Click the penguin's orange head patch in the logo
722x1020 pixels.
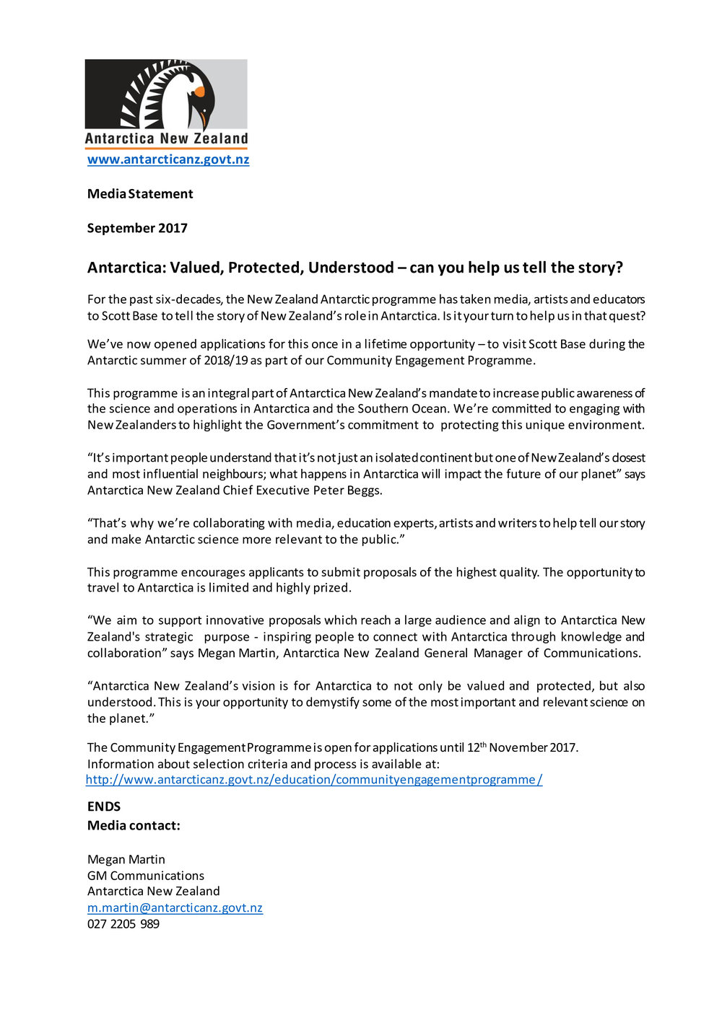(199, 90)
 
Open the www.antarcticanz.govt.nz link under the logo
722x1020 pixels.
(168, 159)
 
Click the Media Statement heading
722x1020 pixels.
(140, 194)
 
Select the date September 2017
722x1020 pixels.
(137, 228)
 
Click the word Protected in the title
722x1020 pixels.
(265, 268)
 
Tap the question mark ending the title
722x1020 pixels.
(619, 268)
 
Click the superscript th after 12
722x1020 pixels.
(484, 744)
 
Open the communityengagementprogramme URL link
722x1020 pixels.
(314, 780)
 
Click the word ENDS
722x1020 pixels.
(104, 806)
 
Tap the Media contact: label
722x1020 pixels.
(134, 826)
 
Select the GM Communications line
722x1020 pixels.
(146, 876)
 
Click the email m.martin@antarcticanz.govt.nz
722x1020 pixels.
(175, 907)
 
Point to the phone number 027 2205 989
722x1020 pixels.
(123, 924)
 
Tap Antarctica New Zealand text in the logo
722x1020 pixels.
(166, 139)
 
